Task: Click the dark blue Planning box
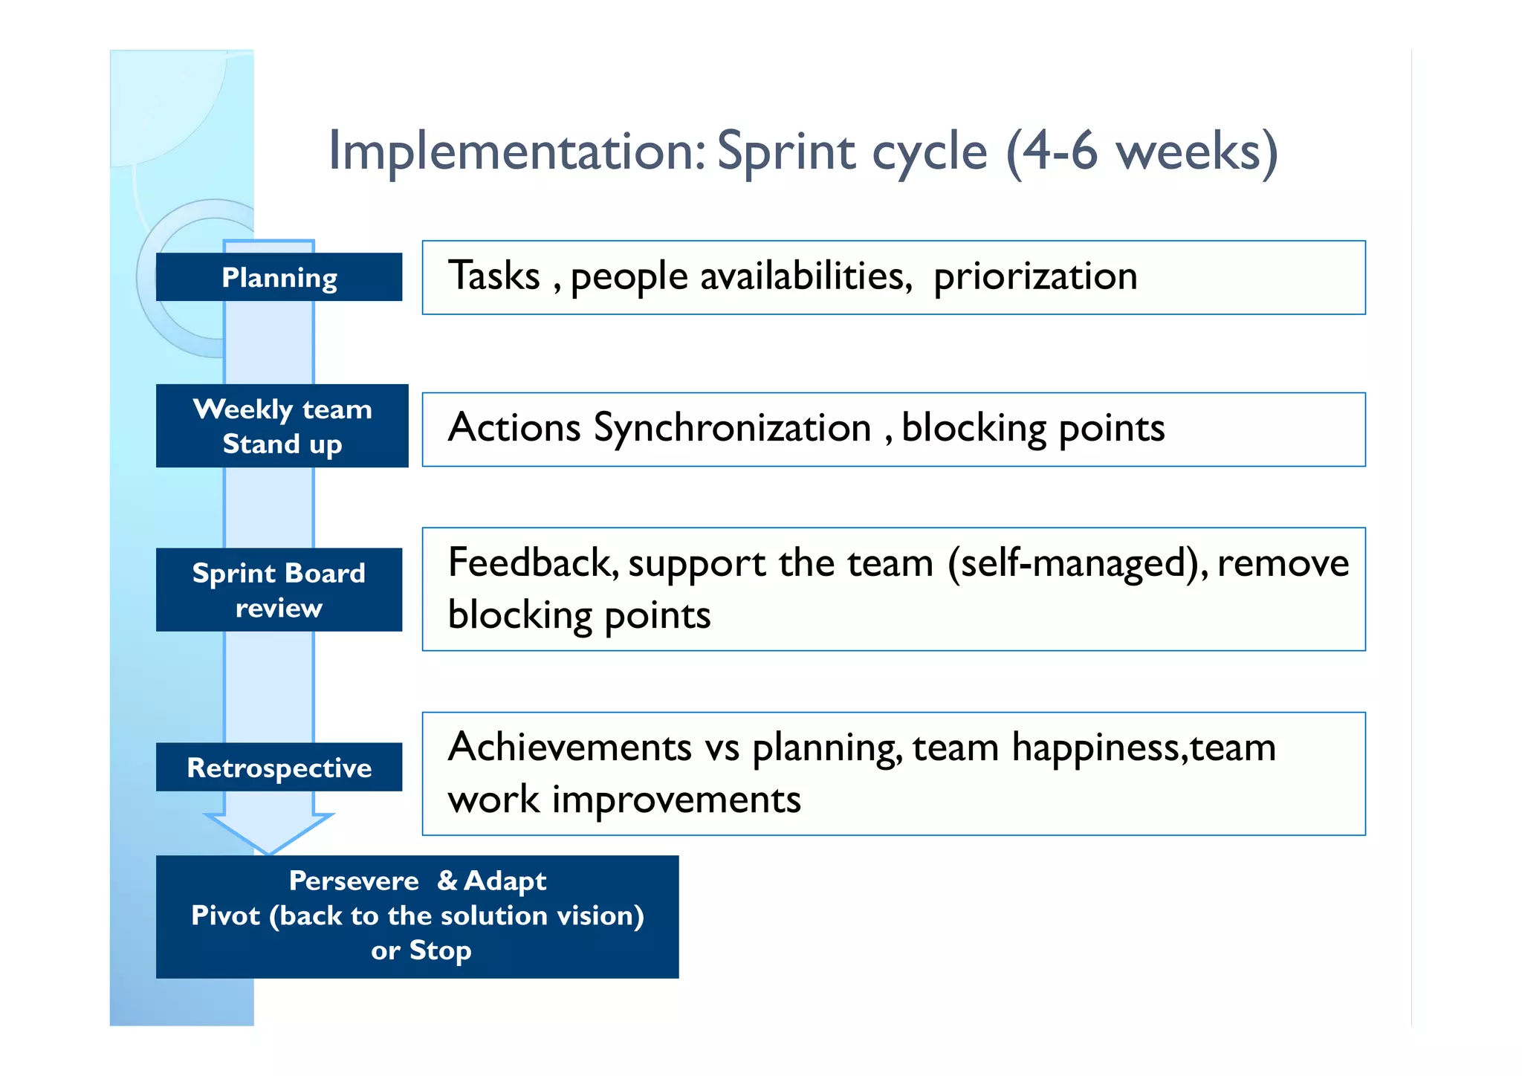(279, 277)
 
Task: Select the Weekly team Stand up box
(282, 426)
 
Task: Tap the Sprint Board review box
(279, 590)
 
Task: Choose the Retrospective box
(279, 767)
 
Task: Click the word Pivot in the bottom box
(225, 915)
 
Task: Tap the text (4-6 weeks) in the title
(1142, 152)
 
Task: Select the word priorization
(1035, 277)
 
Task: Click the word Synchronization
(732, 429)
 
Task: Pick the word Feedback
(532, 563)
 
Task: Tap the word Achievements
(570, 747)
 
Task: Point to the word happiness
(1095, 747)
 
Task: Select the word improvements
(676, 800)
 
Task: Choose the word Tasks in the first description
(494, 276)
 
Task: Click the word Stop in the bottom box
(440, 950)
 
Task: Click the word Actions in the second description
(514, 429)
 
